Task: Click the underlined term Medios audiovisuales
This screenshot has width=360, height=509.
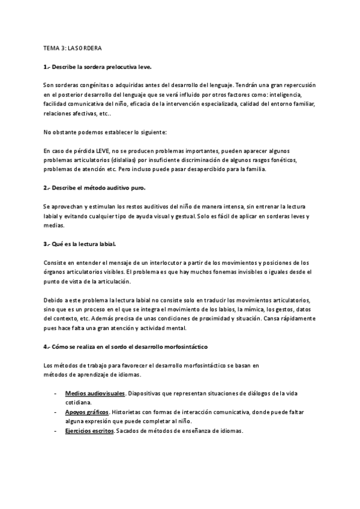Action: point(95,393)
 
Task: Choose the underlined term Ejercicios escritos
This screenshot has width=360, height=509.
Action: point(89,432)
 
